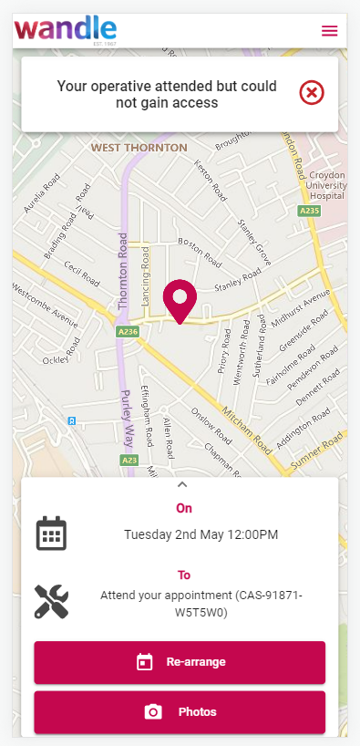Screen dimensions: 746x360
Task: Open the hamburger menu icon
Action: tap(330, 30)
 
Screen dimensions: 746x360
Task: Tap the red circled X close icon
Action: tap(312, 92)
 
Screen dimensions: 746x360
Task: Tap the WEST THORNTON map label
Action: tap(139, 147)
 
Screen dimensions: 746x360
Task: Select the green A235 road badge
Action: tap(311, 211)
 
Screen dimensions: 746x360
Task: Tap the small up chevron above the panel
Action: tap(181, 484)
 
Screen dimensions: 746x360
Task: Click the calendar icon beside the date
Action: tap(51, 534)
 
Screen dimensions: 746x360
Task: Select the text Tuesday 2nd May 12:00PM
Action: tap(201, 534)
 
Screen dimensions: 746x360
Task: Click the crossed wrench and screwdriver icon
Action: tap(51, 602)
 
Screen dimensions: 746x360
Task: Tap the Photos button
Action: tap(180, 711)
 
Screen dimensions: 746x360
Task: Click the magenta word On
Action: tap(183, 508)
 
